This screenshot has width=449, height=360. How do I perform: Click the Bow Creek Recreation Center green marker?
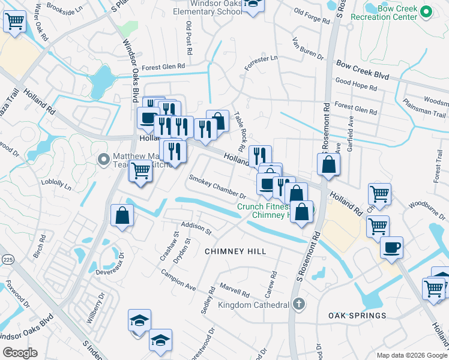click(426, 11)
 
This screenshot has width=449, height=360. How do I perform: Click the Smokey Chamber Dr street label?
click(218, 187)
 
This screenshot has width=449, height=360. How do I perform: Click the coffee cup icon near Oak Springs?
click(391, 248)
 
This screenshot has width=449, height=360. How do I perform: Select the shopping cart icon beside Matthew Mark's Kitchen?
click(140, 171)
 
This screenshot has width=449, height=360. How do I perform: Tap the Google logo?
click(20, 353)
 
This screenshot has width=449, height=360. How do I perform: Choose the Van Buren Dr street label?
click(307, 50)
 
